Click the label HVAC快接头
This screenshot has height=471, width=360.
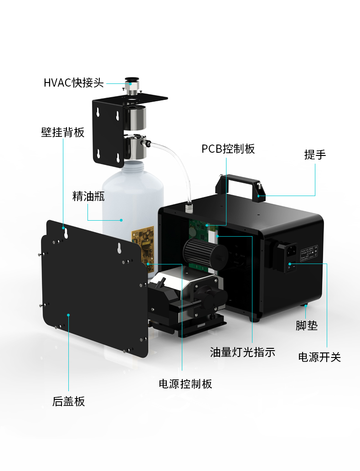point(73,83)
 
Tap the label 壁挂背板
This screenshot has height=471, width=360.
point(62,132)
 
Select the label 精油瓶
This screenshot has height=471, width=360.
point(88,196)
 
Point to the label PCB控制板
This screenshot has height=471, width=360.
point(228,149)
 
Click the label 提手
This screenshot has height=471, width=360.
point(315,155)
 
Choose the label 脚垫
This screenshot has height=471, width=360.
point(307,326)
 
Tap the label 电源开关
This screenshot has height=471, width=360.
point(319,357)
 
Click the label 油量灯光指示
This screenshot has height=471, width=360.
point(242,352)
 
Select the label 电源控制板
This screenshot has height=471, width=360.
point(185,384)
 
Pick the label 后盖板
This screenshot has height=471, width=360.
point(68,401)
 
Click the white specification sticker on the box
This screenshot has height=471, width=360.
point(309,253)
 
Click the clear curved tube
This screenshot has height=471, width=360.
point(173,170)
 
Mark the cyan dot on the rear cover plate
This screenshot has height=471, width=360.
point(68,315)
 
